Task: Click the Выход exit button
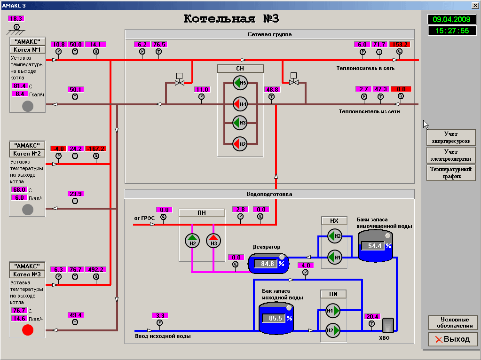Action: pyautogui.click(x=452, y=339)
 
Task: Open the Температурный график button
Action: pyautogui.click(x=451, y=172)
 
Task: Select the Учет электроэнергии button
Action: pyautogui.click(x=451, y=155)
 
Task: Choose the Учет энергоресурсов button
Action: pyautogui.click(x=451, y=137)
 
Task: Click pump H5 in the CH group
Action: pyautogui.click(x=240, y=84)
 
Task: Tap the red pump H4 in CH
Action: pyautogui.click(x=240, y=103)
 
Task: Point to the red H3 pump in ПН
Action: pyautogui.click(x=213, y=240)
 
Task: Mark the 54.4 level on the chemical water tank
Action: pyautogui.click(x=375, y=246)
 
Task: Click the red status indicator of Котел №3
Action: pyautogui.click(x=28, y=330)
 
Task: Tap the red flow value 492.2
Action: pyautogui.click(x=95, y=269)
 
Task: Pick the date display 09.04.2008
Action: pyautogui.click(x=451, y=20)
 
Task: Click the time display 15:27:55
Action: pyautogui.click(x=451, y=31)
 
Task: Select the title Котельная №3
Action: pyautogui.click(x=231, y=19)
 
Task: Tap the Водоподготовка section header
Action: pyautogui.click(x=269, y=194)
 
